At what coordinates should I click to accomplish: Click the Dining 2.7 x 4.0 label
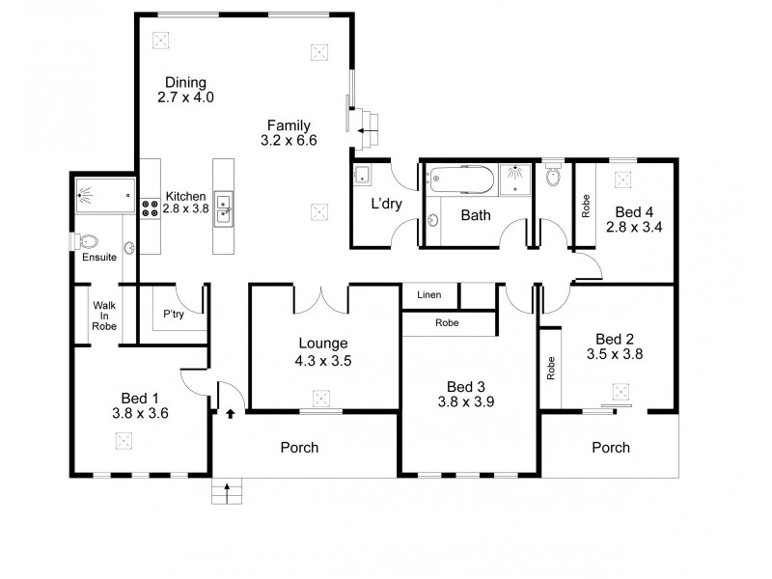185,90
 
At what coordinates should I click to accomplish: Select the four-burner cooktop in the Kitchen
151,207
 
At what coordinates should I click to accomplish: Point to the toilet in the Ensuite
89,241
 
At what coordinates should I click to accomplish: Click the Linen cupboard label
429,294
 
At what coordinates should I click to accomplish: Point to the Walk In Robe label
104,316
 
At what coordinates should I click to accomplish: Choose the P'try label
174,314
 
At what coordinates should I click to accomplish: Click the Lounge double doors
320,298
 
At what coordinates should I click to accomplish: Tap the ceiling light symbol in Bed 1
124,440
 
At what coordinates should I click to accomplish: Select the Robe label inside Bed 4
585,205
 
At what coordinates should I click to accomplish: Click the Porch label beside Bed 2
610,447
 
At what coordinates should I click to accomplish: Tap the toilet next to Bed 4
553,178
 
